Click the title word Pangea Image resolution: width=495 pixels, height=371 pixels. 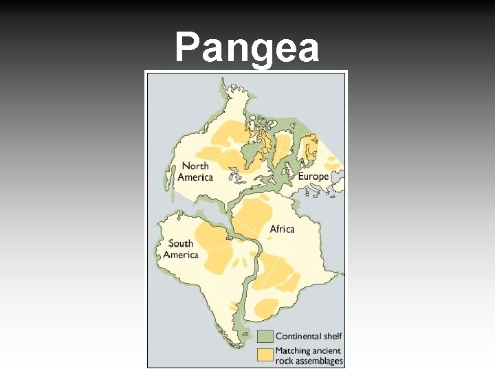(x=247, y=49)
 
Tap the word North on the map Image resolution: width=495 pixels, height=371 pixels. (x=195, y=166)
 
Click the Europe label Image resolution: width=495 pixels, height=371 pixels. (x=313, y=177)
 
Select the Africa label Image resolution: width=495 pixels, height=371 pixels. (x=282, y=229)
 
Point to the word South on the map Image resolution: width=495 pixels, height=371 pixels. (x=181, y=243)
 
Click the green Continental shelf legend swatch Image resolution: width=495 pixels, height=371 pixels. (x=265, y=336)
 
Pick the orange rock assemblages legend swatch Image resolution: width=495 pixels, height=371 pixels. (x=265, y=354)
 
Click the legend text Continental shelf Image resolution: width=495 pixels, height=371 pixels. (x=308, y=336)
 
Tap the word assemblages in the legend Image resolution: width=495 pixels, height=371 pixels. (x=316, y=361)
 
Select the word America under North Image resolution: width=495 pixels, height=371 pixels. (x=195, y=177)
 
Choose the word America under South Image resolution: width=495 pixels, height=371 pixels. (x=180, y=255)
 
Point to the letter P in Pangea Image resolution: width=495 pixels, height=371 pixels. (x=186, y=49)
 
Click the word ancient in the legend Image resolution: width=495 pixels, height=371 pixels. (x=327, y=350)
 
